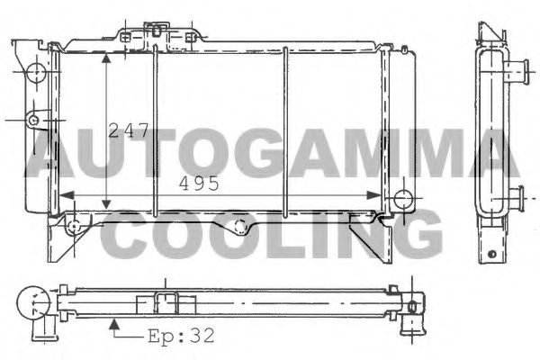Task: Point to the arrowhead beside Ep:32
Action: [x=112, y=320]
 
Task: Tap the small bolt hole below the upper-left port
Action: [x=33, y=117]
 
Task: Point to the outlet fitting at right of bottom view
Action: [x=414, y=307]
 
